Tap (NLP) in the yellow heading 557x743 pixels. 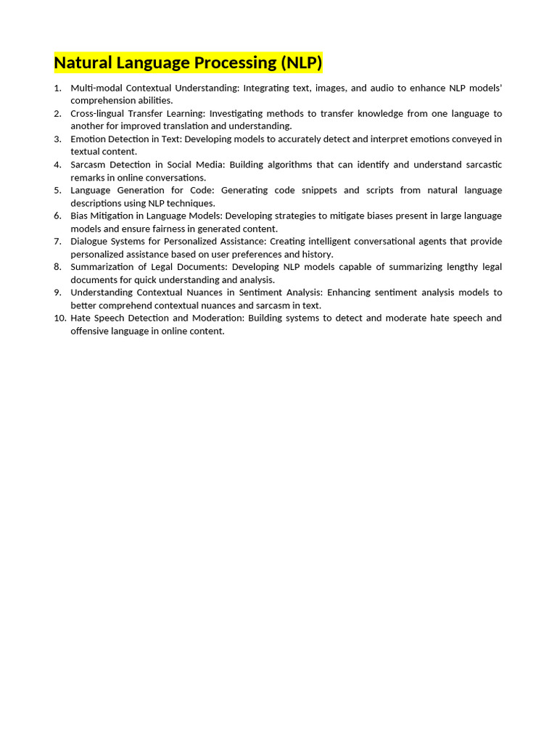[x=302, y=63]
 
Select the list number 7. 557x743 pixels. [x=58, y=241]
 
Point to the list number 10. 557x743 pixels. [x=59, y=318]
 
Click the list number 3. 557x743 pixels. [x=58, y=139]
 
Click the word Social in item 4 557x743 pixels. [x=181, y=165]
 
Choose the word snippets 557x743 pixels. [x=316, y=190]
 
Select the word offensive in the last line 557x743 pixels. [x=91, y=331]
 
